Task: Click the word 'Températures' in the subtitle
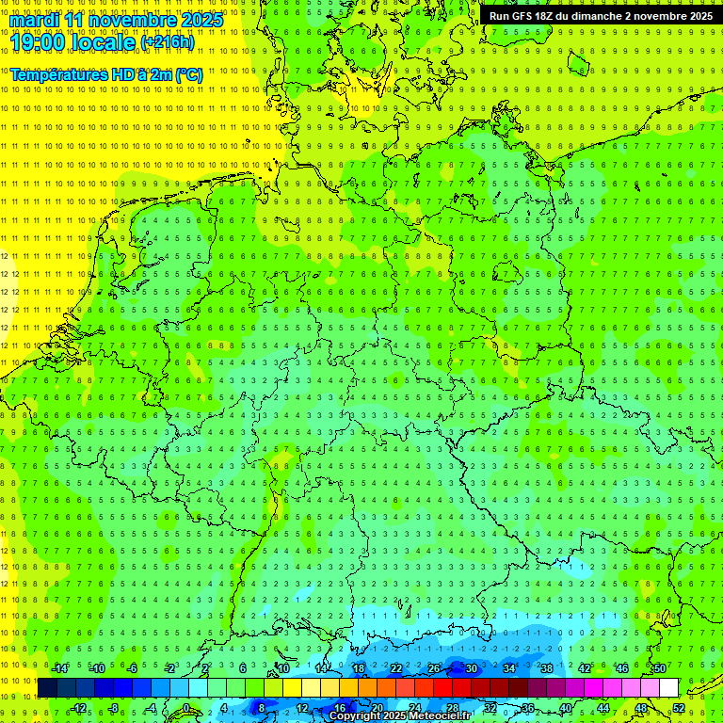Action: (57, 74)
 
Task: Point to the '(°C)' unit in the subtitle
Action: (188, 74)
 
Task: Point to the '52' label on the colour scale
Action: (679, 708)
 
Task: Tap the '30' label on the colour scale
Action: (471, 668)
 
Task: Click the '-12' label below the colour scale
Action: (78, 708)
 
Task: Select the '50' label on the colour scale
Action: (659, 668)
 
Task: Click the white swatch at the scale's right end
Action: (668, 688)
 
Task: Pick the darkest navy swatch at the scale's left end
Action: (47, 688)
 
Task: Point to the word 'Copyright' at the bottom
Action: (355, 716)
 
